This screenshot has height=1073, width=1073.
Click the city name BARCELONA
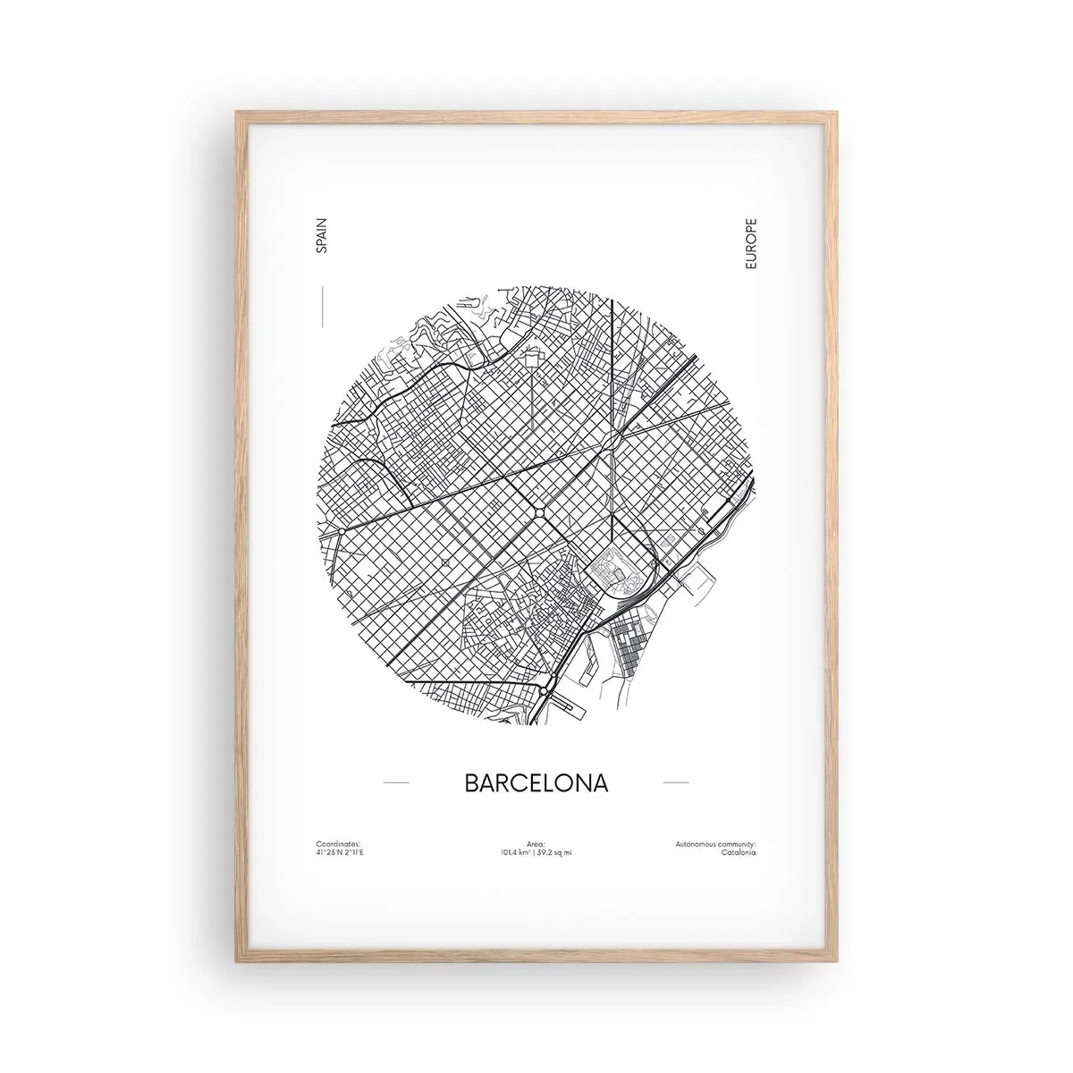click(x=536, y=782)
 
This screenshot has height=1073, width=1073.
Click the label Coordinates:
click(x=338, y=843)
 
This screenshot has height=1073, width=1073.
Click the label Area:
click(x=536, y=843)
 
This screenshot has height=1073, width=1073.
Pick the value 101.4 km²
click(x=516, y=852)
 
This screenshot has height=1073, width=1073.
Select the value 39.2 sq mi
click(x=555, y=852)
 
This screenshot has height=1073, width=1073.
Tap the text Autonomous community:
click(x=716, y=843)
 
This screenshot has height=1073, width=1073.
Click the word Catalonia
click(x=738, y=852)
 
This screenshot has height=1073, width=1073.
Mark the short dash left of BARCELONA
click(x=395, y=782)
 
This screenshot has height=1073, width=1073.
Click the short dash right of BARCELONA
click(x=675, y=782)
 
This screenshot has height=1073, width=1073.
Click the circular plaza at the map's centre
click(x=540, y=511)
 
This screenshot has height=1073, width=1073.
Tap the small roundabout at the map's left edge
click(x=341, y=532)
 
